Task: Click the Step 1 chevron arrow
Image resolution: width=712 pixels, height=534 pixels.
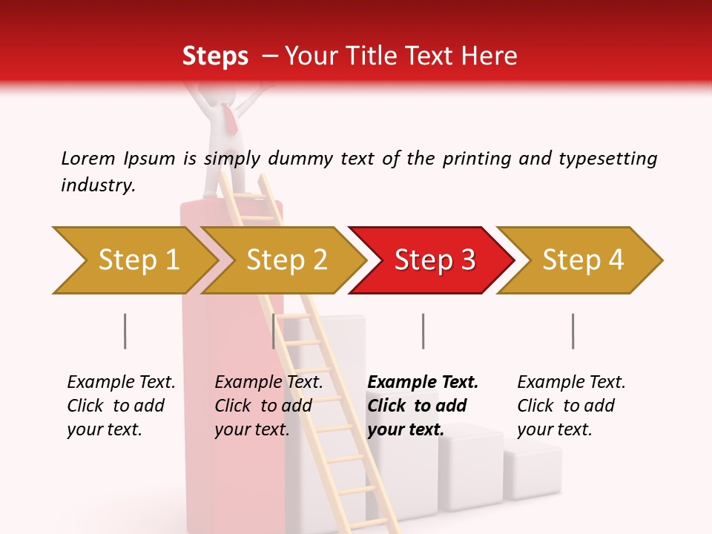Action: (133, 260)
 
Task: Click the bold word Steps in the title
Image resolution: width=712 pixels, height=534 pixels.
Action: (215, 56)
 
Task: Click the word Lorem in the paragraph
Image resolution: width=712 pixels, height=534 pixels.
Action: (88, 158)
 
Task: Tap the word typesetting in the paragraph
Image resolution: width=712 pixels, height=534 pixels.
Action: (607, 158)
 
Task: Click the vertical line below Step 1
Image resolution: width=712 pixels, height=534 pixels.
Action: (125, 331)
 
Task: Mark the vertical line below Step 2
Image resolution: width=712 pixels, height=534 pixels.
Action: (274, 331)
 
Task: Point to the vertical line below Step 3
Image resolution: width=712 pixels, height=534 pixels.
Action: (423, 331)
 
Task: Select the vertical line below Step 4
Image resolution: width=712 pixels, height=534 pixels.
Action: (573, 331)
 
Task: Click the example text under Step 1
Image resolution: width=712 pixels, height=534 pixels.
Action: (121, 406)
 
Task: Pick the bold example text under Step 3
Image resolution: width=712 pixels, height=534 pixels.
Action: (422, 406)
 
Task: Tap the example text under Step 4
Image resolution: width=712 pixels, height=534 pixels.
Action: (571, 406)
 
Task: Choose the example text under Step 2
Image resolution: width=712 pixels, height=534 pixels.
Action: (268, 406)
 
